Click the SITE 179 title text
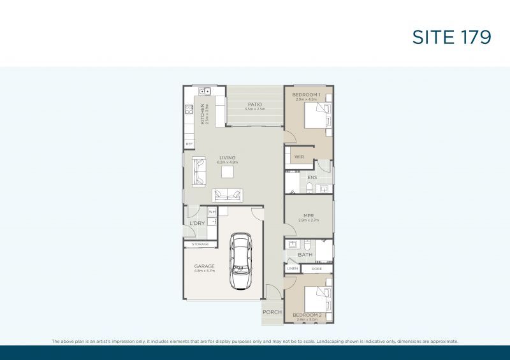452,37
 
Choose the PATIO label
254,104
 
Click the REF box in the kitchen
189,144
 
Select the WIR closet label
298,157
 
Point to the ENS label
311,177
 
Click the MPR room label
307,215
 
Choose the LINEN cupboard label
293,269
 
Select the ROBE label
316,269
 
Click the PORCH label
272,312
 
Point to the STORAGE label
200,244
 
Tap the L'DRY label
196,224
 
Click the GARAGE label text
204,266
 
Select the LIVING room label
227,157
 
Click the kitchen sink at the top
205,90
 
